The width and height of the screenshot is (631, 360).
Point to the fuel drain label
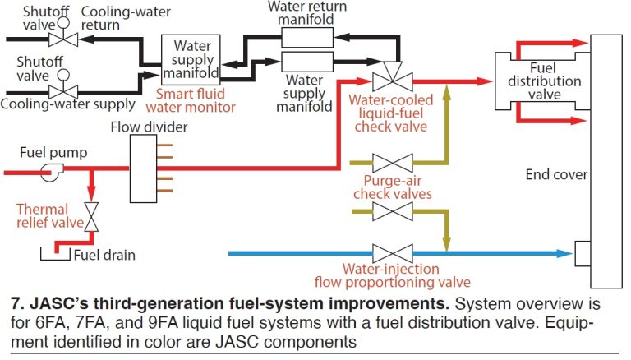(104, 255)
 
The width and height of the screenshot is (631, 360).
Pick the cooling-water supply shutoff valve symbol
(61, 90)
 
